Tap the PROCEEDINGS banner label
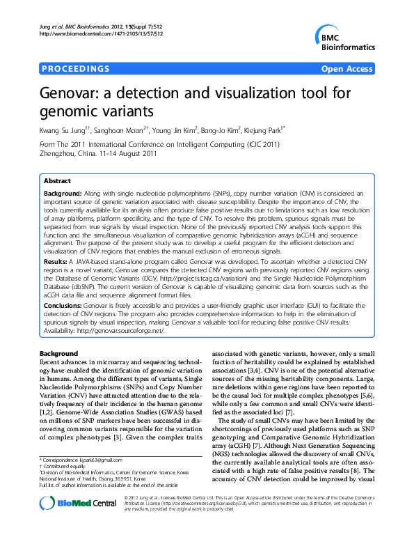pos(76,69)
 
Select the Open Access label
pos(346,69)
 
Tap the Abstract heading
pos(58,179)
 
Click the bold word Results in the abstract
pos(57,259)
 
